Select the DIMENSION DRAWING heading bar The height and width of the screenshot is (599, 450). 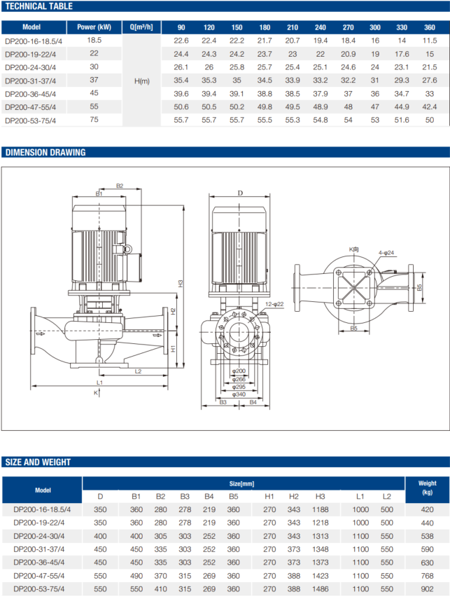(x=45, y=152)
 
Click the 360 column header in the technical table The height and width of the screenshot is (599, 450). (x=429, y=27)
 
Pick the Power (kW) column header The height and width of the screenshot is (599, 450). (x=94, y=27)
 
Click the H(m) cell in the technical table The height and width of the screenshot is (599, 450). (x=141, y=81)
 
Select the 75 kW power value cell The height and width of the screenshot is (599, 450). (x=94, y=120)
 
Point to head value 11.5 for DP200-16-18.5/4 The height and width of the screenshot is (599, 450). (x=429, y=41)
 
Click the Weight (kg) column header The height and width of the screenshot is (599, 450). (x=427, y=488)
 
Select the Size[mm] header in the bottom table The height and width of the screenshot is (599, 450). (x=243, y=483)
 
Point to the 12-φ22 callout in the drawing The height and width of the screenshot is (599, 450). (x=274, y=304)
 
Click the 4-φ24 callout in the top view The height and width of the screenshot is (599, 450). (x=386, y=252)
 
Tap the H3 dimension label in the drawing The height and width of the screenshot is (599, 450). (x=180, y=284)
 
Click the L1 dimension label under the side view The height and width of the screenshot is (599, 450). (x=99, y=383)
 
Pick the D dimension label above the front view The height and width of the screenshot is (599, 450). (x=240, y=192)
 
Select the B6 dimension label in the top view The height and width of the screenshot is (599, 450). (x=419, y=287)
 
